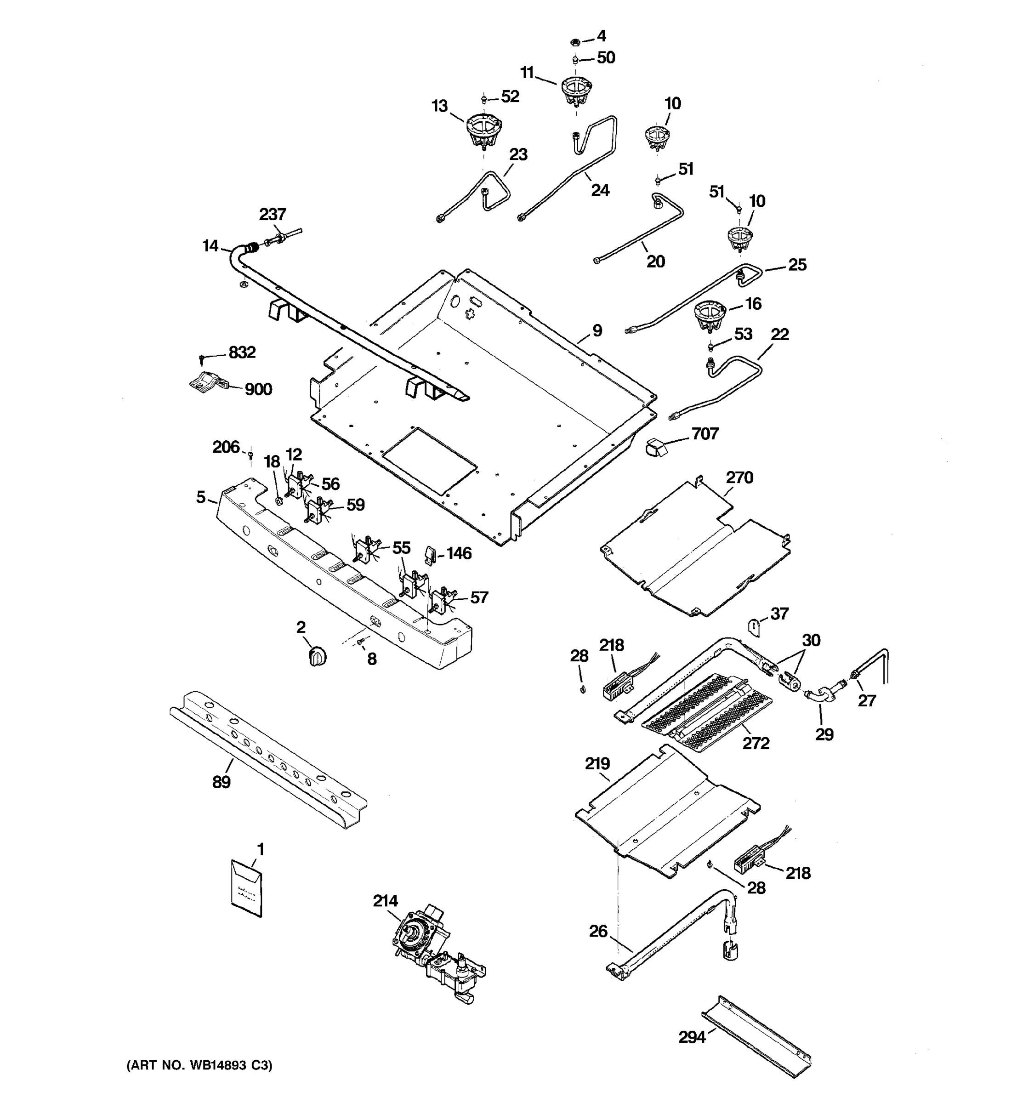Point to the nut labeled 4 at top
pos(575,42)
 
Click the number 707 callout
pos(704,433)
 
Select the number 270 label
pos(739,477)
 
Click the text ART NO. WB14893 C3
pos(200,1065)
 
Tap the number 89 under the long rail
pos(222,782)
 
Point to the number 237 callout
pos(273,214)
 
